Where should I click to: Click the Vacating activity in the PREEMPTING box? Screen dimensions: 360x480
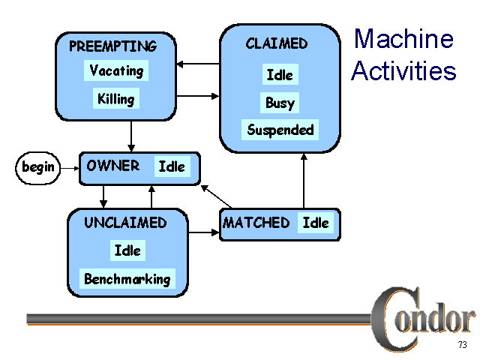116,71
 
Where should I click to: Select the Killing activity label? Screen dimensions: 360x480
116,98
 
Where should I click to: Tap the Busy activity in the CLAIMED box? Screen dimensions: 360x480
280,103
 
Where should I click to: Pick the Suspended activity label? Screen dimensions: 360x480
280,130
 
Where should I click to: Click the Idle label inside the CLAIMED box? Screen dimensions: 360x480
280,75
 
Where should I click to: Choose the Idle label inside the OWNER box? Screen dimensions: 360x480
172,166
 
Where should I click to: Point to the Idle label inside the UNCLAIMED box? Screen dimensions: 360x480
127,250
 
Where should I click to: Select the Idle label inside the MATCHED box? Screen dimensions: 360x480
316,223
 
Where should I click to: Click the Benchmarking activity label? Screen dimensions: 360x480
127,279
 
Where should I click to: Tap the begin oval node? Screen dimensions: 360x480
38,166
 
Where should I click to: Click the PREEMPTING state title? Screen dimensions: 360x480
112,46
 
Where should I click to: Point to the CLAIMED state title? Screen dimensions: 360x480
276,43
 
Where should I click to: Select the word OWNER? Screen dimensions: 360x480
113,166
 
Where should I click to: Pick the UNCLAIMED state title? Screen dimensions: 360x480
125,223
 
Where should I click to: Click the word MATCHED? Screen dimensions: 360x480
256,223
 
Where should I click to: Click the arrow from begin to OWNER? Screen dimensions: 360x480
70,167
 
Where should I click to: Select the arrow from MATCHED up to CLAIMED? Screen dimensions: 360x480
304,181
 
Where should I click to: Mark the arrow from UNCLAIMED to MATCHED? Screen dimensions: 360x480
202,232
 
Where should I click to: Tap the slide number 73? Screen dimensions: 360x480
462,345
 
